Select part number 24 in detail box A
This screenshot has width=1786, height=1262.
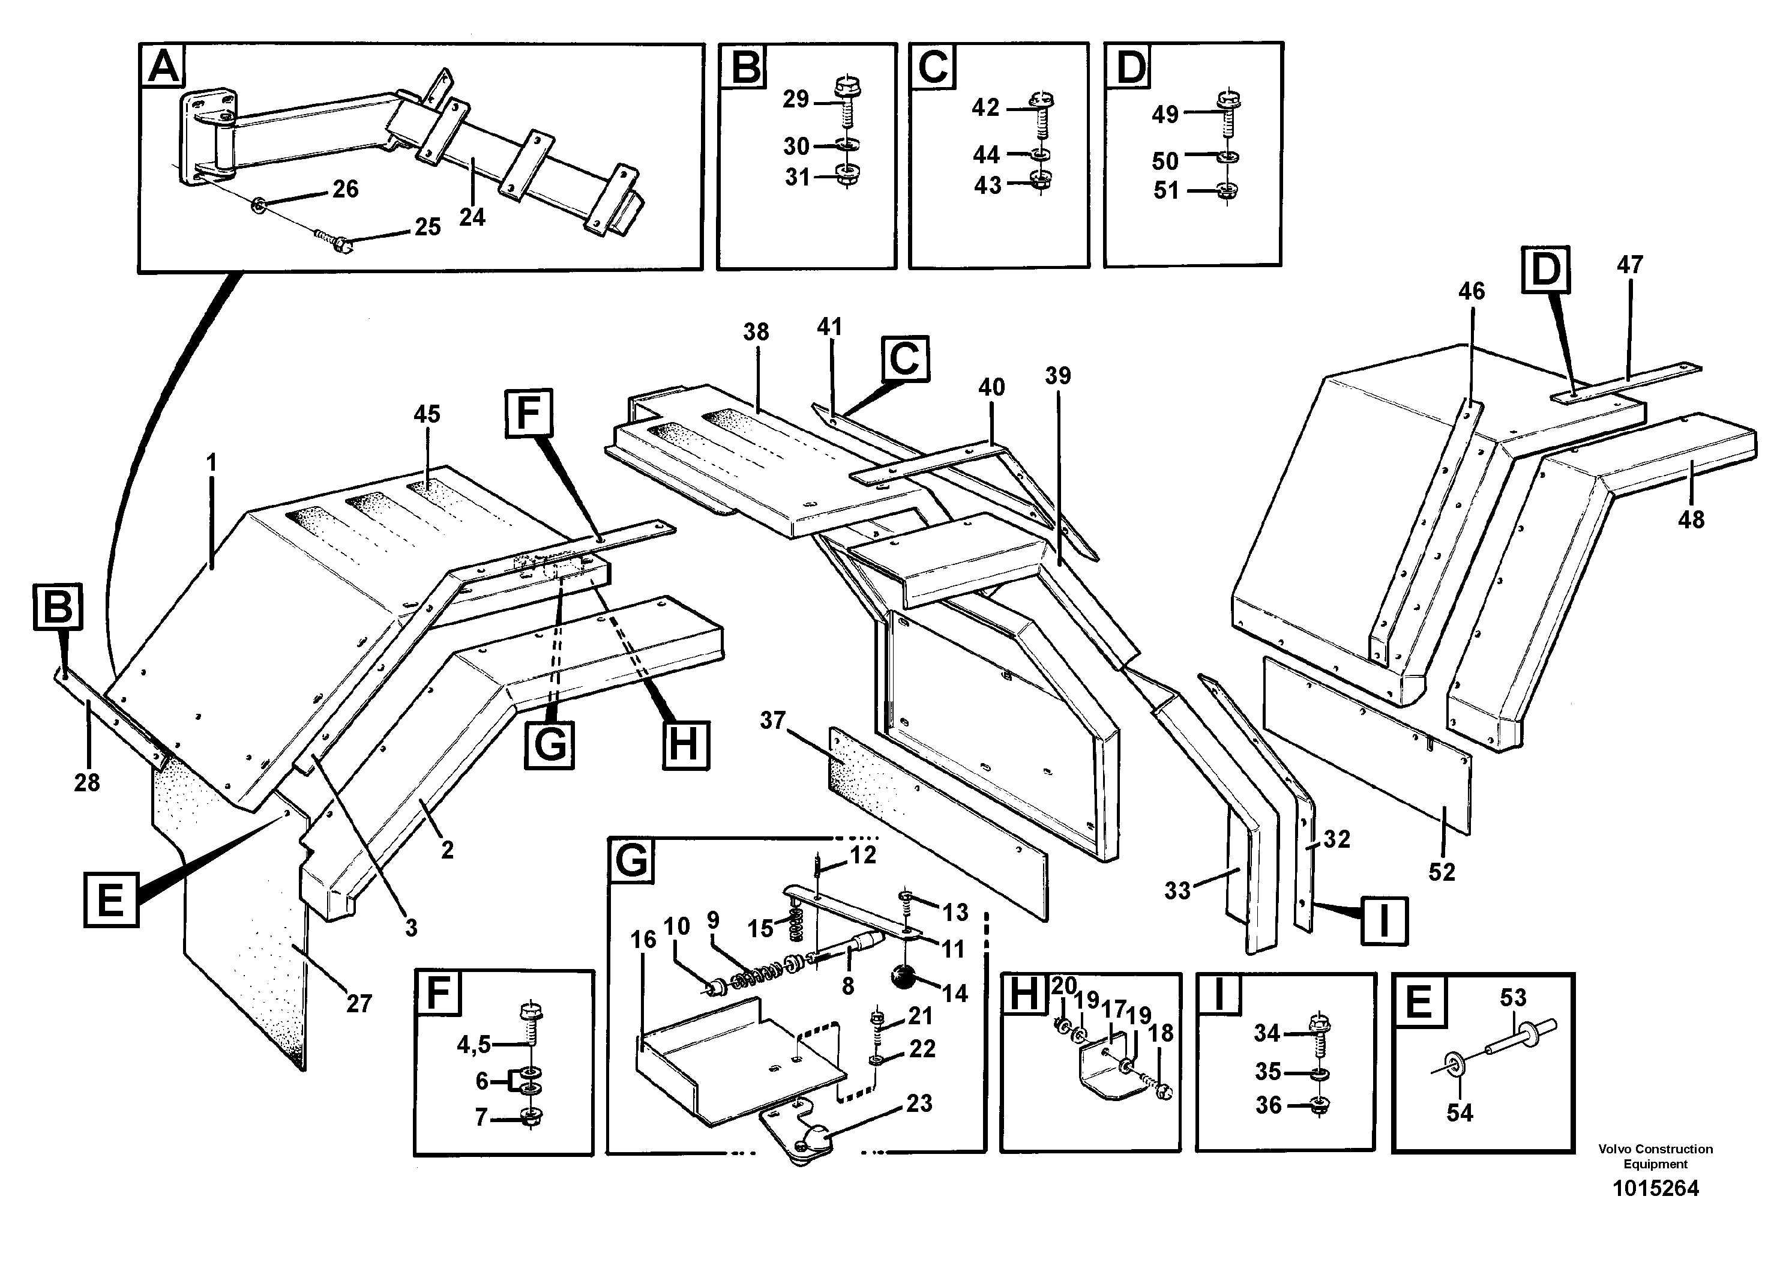click(x=471, y=217)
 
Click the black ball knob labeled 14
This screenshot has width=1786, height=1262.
click(x=903, y=976)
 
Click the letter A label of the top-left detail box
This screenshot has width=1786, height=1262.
click(x=164, y=67)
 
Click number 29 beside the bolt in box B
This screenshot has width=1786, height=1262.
click(x=796, y=100)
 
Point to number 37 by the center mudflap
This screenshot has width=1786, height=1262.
click(x=772, y=720)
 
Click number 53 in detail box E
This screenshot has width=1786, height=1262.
click(x=1513, y=997)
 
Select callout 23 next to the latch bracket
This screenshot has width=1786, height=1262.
click(x=919, y=1103)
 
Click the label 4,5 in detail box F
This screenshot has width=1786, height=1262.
click(x=474, y=1045)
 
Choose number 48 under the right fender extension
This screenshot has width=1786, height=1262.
click(x=1691, y=520)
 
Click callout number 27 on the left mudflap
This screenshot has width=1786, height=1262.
click(x=359, y=1004)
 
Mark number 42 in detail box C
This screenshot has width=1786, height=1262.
click(x=985, y=107)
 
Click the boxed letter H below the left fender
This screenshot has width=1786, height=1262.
click(x=685, y=744)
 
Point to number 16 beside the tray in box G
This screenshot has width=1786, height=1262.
click(x=643, y=940)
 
